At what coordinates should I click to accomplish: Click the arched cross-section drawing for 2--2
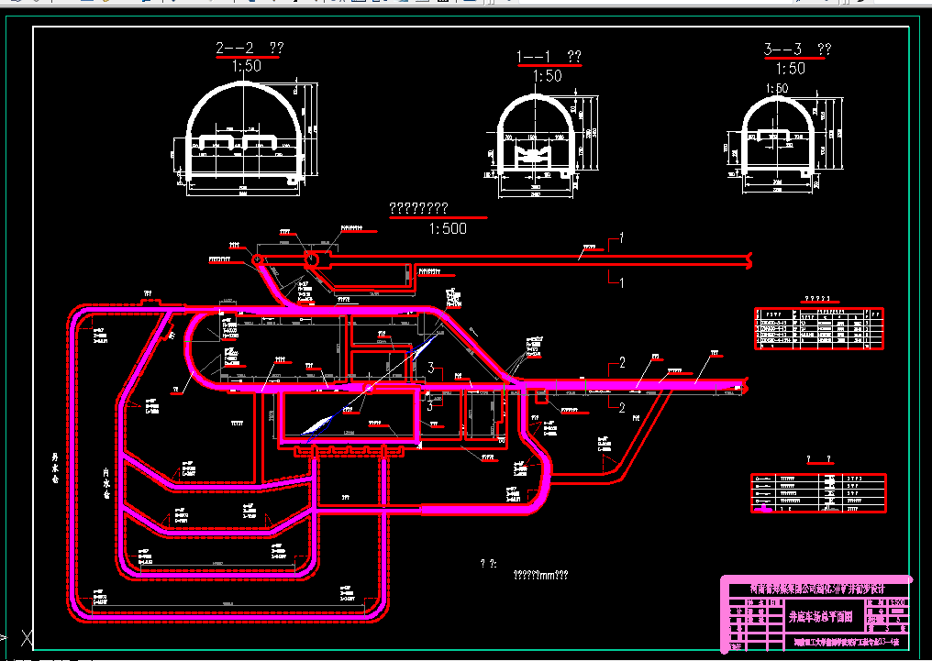246,133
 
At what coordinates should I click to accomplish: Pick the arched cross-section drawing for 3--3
777,137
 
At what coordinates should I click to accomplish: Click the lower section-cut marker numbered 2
622,406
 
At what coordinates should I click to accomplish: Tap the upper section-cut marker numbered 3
429,369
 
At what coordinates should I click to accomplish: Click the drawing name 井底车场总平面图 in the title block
821,617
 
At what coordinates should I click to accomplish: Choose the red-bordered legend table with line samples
818,493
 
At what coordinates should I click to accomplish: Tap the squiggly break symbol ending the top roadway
750,260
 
